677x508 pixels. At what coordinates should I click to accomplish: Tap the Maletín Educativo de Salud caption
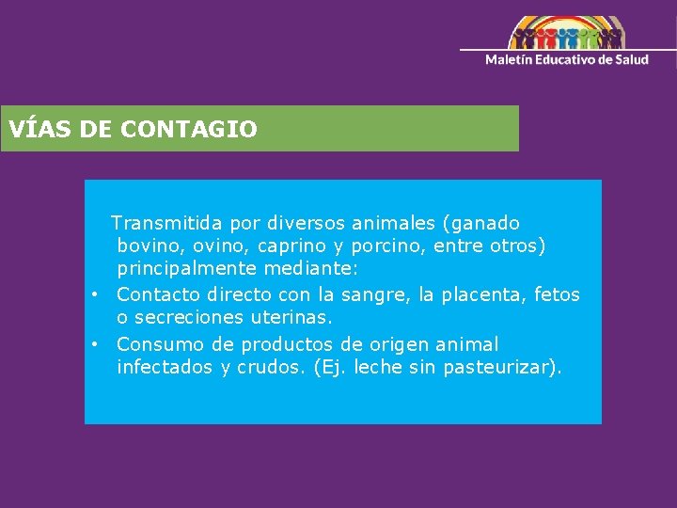[566, 59]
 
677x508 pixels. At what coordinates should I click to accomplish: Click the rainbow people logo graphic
[566, 34]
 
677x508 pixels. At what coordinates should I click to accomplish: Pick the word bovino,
[150, 246]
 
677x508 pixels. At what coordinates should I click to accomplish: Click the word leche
[378, 367]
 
